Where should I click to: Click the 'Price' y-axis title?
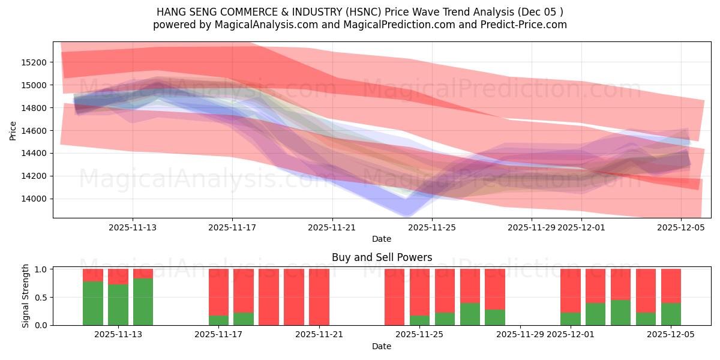(13, 130)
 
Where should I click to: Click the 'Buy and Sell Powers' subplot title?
(382, 257)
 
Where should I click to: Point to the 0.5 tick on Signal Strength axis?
(41, 298)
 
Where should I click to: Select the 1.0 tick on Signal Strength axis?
(41, 269)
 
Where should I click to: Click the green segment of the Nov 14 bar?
(143, 302)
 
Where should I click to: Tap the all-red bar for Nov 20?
(294, 297)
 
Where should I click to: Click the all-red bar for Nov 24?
(394, 297)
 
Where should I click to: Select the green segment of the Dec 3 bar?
(620, 313)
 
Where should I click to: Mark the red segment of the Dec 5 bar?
(671, 286)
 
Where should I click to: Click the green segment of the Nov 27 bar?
(495, 317)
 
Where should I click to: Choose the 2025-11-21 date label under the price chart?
(332, 227)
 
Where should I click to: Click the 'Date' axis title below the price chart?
(382, 239)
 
